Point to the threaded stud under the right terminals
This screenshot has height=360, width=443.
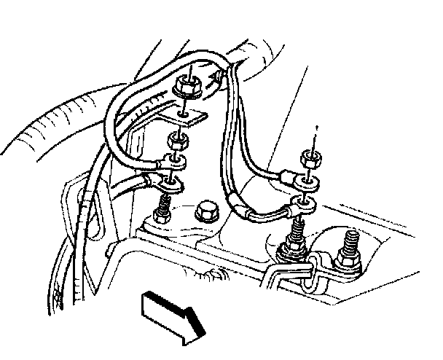[297, 236]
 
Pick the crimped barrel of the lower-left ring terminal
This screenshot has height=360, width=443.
[155, 177]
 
